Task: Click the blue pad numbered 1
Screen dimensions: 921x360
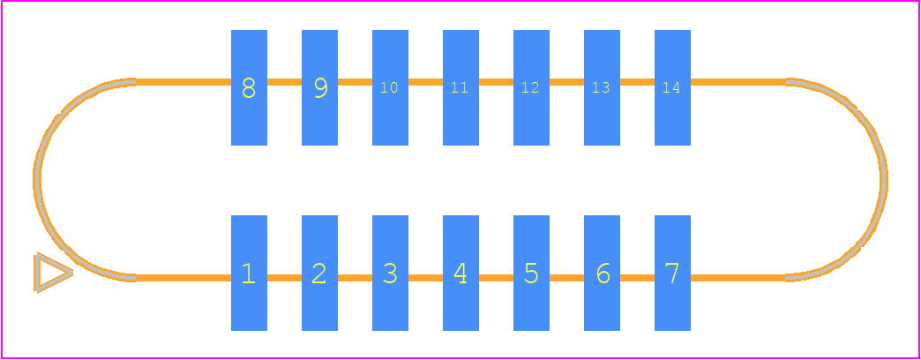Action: click(x=249, y=273)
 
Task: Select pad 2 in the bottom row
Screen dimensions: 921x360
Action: click(x=319, y=273)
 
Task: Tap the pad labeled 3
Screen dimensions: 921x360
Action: click(x=390, y=273)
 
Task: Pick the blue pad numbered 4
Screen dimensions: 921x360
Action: click(x=460, y=273)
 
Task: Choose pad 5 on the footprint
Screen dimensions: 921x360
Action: click(x=531, y=273)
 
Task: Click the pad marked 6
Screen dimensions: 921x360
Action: click(x=602, y=273)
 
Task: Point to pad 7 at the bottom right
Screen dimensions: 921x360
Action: click(x=672, y=273)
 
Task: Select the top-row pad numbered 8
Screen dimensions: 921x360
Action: click(x=249, y=87)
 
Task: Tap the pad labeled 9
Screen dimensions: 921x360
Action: click(x=319, y=87)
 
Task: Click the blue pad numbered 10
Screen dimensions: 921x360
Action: click(x=390, y=87)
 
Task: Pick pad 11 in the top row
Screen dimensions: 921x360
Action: click(x=460, y=87)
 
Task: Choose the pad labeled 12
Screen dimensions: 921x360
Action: click(x=531, y=87)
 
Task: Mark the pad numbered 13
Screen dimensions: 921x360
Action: click(x=602, y=87)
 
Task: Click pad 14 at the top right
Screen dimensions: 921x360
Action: click(x=672, y=87)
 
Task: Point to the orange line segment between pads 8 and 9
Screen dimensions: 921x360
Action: click(x=284, y=82)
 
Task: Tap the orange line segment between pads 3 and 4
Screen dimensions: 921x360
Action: click(x=425, y=278)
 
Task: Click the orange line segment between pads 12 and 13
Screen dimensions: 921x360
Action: click(x=566, y=82)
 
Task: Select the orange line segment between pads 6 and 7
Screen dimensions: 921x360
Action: click(x=637, y=278)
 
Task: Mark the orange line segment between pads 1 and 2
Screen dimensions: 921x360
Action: click(x=284, y=278)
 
